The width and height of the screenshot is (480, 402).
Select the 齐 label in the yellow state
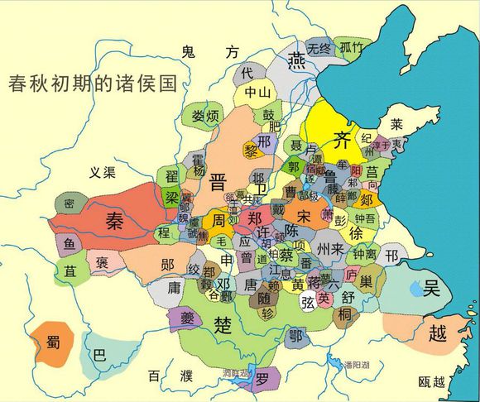[342, 140]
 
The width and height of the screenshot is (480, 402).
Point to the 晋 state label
[219, 181]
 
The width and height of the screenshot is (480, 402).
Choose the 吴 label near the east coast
[431, 290]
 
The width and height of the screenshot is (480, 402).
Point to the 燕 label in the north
[295, 60]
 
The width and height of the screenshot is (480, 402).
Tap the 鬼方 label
[203, 52]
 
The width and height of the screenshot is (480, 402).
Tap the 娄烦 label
[204, 115]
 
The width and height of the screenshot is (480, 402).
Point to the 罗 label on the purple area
[262, 380]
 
